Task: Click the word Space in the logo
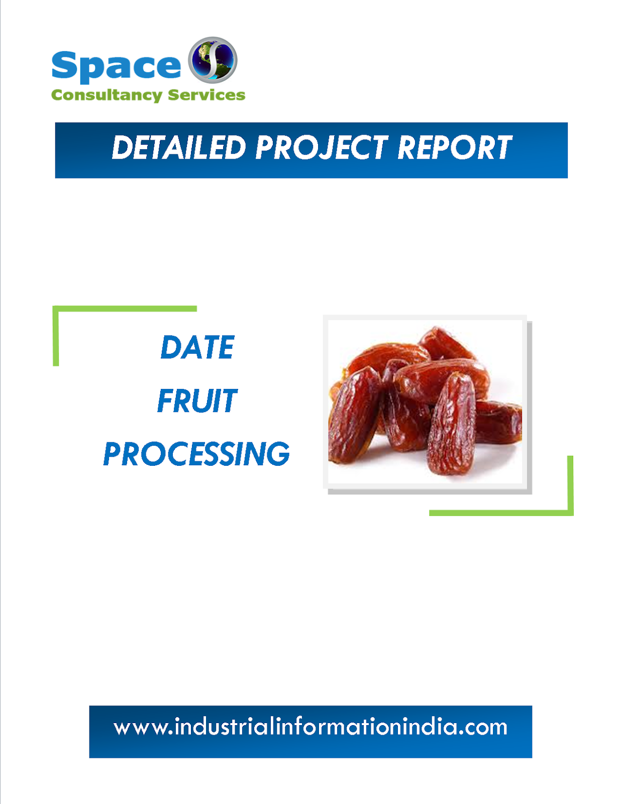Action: click(x=116, y=66)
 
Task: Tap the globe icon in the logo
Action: click(x=213, y=60)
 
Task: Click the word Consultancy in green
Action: click(x=106, y=95)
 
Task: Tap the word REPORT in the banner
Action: click(x=454, y=148)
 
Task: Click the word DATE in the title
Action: click(x=197, y=347)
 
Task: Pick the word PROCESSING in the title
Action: click(x=196, y=454)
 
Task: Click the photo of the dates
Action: click(x=425, y=402)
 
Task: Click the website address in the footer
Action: click(x=310, y=728)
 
